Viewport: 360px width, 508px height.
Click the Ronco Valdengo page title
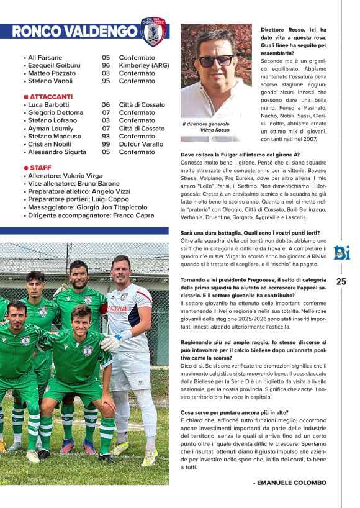click(74, 31)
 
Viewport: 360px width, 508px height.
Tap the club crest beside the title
click(153, 32)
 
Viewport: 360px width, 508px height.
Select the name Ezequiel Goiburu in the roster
click(55, 65)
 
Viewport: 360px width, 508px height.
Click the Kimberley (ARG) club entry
click(142, 65)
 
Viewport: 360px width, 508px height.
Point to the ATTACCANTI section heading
click(51, 97)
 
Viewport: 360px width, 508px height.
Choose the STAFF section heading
click(40, 168)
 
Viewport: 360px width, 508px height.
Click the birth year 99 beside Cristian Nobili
click(106, 144)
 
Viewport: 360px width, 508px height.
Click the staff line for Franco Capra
click(90, 215)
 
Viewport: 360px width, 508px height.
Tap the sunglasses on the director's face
click(215, 61)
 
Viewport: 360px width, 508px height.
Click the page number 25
click(341, 281)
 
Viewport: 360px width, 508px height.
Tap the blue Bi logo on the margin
click(341, 253)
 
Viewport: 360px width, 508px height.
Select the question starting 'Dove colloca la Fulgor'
click(240, 155)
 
